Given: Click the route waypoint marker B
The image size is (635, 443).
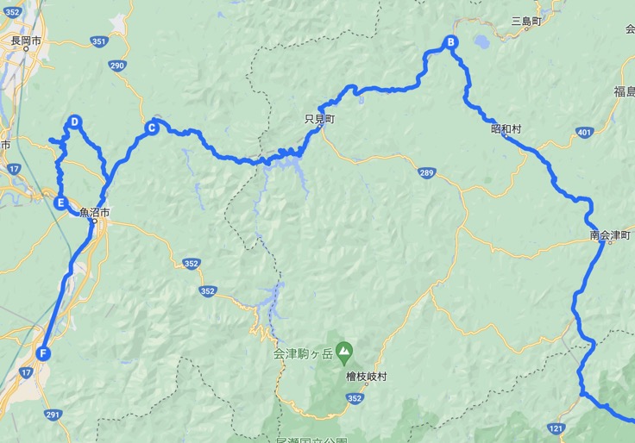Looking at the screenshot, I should pyautogui.click(x=450, y=43).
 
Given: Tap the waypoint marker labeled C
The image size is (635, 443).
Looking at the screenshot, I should pyautogui.click(x=151, y=128).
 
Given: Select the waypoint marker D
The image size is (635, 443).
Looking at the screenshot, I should pyautogui.click(x=75, y=122).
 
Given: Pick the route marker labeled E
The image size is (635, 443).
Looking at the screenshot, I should pyautogui.click(x=60, y=203).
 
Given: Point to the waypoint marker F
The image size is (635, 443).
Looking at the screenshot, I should pyautogui.click(x=42, y=353).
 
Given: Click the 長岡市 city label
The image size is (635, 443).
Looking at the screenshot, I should pyautogui.click(x=27, y=40).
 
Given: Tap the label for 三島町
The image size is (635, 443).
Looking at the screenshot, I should pyautogui.click(x=525, y=20).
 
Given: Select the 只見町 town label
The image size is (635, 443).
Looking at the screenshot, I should pyautogui.click(x=319, y=121).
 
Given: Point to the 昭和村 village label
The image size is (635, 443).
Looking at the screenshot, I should pyautogui.click(x=506, y=129).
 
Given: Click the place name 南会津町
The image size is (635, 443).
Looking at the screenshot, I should pyautogui.click(x=611, y=234).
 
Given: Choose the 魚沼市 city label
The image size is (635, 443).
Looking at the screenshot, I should pyautogui.click(x=94, y=213).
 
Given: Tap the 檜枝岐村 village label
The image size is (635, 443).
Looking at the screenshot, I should pyautogui.click(x=366, y=377).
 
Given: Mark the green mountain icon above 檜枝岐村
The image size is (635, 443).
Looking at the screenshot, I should pyautogui.click(x=344, y=350).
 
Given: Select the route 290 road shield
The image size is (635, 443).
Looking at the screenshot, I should pyautogui.click(x=117, y=66).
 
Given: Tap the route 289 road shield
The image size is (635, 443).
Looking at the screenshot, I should pyautogui.click(x=427, y=174).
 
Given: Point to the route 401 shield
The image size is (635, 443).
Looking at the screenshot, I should pyautogui.click(x=585, y=132).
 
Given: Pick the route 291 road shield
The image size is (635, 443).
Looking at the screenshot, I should pyautogui.click(x=53, y=415).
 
